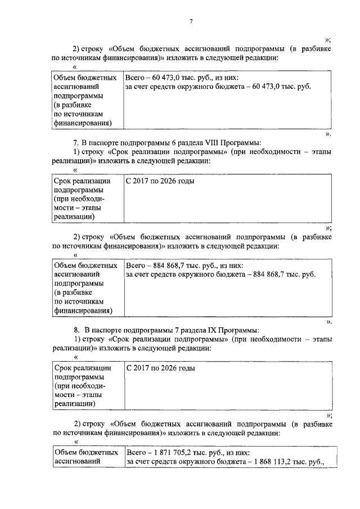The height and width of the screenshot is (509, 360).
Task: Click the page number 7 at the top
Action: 191,21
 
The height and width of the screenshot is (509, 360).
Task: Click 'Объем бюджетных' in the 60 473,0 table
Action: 84,78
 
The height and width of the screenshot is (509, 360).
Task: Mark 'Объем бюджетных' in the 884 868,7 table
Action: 84,264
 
